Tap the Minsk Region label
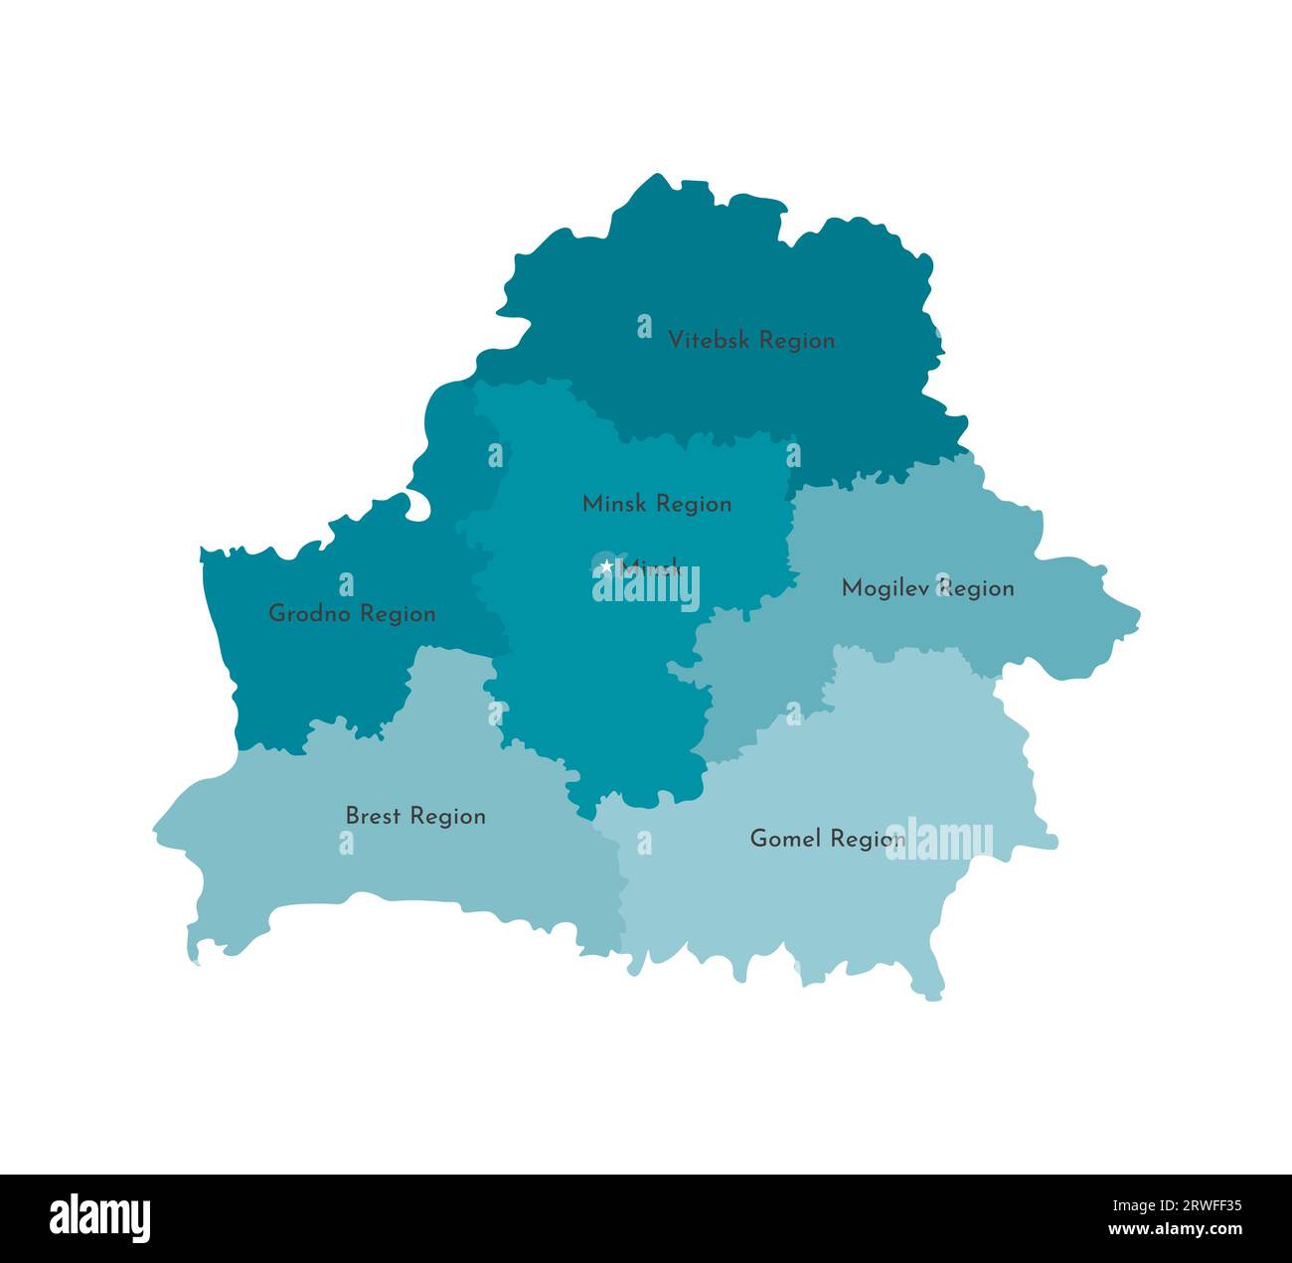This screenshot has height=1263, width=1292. [657, 504]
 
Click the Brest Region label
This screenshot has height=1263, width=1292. [415, 816]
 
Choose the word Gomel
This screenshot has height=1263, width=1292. [786, 839]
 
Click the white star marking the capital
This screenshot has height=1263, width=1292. [607, 566]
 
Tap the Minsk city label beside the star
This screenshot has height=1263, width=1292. [651, 568]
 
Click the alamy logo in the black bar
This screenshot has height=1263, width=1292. [100, 1218]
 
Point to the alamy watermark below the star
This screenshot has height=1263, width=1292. [646, 588]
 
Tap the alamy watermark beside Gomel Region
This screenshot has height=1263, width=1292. [939, 841]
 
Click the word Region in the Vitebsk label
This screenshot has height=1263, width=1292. [792, 340]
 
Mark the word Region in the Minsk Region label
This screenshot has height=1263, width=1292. [695, 504]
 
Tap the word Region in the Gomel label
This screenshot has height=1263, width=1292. [868, 839]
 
